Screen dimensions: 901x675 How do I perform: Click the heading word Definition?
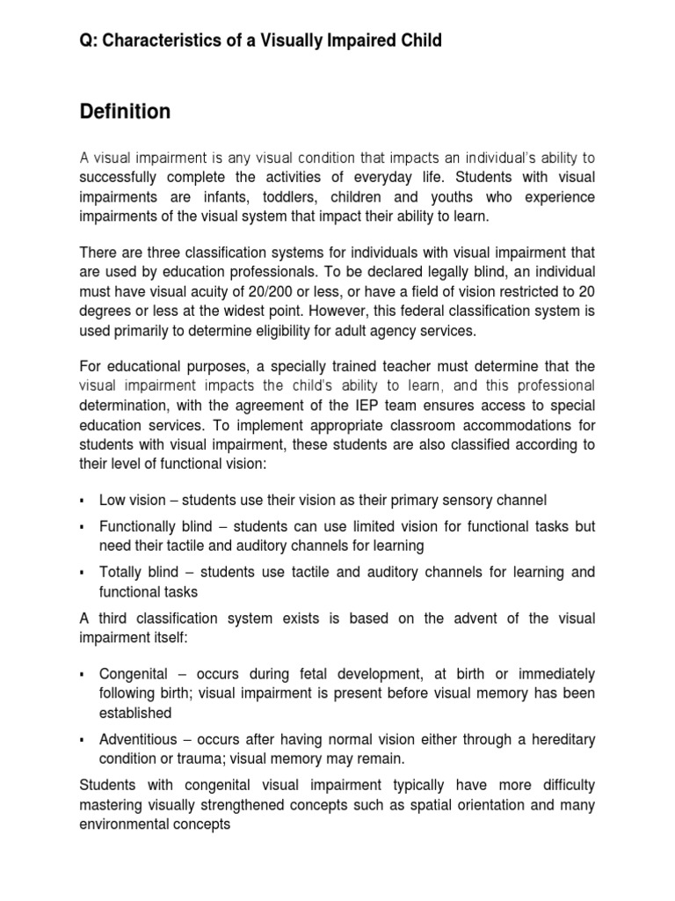tap(125, 112)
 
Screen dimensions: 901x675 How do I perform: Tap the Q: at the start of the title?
tap(90, 40)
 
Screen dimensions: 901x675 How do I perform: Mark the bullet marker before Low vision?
tap(82, 500)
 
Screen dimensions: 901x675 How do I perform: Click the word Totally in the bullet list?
tap(120, 572)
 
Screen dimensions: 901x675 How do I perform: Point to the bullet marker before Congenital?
tap(82, 674)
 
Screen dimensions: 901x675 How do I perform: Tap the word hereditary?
tap(558, 739)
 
